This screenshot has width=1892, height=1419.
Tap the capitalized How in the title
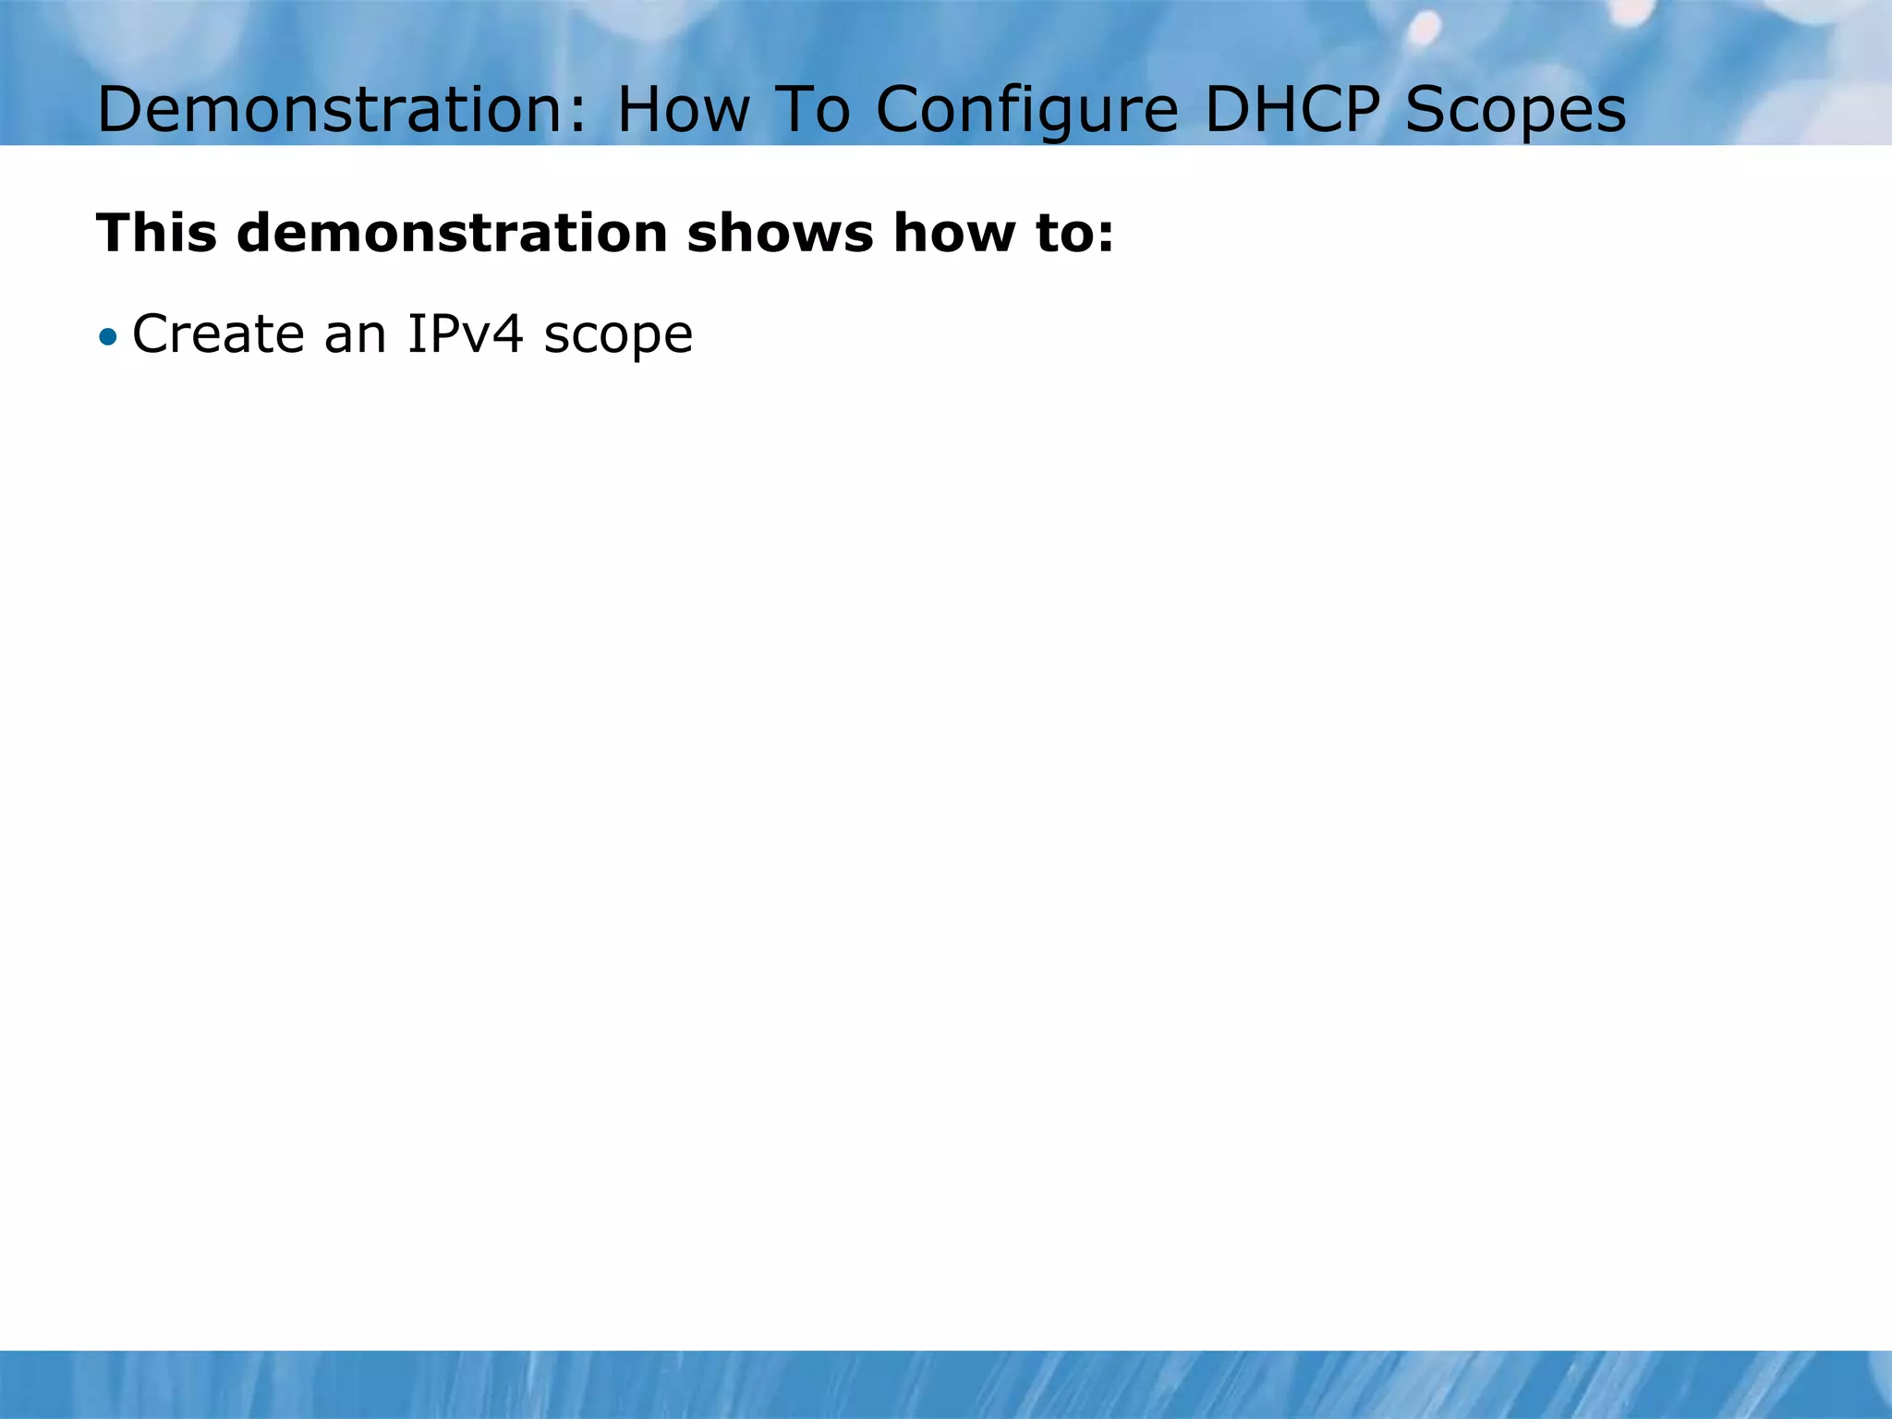[x=683, y=110]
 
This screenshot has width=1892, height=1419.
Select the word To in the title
[x=812, y=110]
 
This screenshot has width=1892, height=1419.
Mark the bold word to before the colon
[x=1061, y=234]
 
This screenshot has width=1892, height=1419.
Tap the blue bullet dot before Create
[x=109, y=336]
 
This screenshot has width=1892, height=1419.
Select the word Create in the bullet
[x=218, y=334]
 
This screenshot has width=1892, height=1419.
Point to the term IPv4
[x=465, y=334]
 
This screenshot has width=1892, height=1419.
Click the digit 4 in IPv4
[x=507, y=334]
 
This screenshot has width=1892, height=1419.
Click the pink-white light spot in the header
[x=1425, y=28]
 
